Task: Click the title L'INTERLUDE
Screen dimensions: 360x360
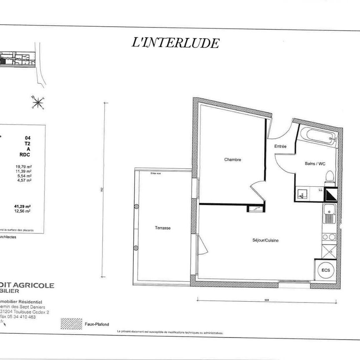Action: click(175, 42)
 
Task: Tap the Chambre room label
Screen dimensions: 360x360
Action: click(232, 160)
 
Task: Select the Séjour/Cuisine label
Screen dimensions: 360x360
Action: click(265, 240)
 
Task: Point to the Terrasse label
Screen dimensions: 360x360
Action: click(162, 228)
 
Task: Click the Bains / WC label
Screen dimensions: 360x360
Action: click(315, 164)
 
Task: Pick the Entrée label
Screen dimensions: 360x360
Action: click(280, 146)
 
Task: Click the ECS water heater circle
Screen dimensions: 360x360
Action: click(325, 270)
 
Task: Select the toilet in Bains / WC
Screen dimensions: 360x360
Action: click(330, 177)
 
